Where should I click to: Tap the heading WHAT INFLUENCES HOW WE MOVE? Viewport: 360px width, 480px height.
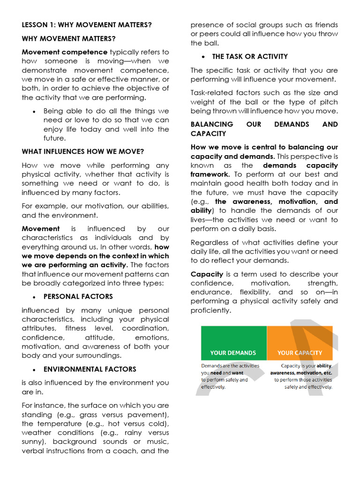point(82,151)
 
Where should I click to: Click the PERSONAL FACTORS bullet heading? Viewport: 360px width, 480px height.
point(78,297)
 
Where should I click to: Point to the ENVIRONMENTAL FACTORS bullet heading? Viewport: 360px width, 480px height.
point(90,369)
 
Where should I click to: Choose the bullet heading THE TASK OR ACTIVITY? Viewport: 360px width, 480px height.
point(250,57)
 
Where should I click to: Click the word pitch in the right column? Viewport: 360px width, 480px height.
point(329,102)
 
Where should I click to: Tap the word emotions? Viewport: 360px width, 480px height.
point(152,337)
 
